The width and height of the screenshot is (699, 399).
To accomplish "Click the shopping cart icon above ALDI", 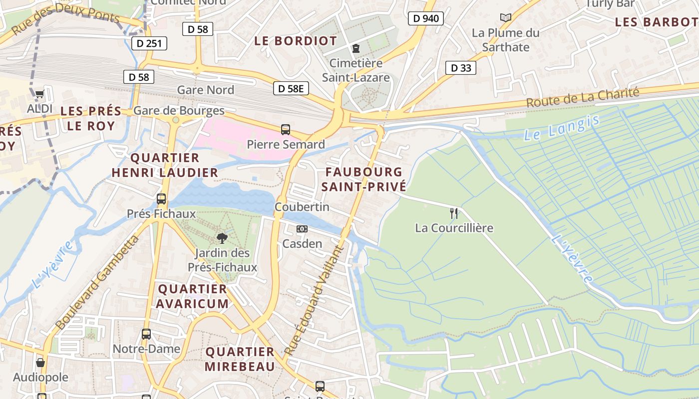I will [39, 94].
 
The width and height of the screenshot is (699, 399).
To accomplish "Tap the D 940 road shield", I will [425, 19].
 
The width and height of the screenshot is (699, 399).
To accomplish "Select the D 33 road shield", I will [460, 68].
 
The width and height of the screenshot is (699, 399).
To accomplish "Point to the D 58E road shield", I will [291, 89].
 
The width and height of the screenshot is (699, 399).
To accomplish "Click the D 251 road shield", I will [149, 43].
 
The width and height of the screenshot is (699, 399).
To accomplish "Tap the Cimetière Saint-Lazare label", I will [355, 70].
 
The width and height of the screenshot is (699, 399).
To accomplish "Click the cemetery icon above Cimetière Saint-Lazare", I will [355, 48].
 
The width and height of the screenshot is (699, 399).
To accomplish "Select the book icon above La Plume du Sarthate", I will [506, 18].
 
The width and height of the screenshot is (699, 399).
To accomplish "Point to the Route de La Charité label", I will [583, 98].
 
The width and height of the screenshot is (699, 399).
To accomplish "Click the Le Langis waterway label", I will [562, 128].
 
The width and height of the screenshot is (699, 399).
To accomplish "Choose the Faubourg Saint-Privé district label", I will [363, 180].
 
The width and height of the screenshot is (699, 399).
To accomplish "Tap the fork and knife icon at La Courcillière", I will [454, 213].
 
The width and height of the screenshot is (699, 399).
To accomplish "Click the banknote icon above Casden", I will [302, 229].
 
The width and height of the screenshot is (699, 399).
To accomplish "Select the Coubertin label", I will [302, 206].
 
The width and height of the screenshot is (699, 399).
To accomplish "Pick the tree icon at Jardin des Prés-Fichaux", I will [222, 238].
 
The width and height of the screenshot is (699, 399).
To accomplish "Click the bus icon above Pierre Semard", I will [286, 130].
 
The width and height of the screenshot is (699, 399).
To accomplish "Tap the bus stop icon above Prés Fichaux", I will [161, 199].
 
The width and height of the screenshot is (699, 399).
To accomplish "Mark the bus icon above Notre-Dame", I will [146, 334].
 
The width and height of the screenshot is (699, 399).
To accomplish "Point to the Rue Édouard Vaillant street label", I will [313, 301].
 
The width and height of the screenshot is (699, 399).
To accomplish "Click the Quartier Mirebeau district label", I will [240, 359].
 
